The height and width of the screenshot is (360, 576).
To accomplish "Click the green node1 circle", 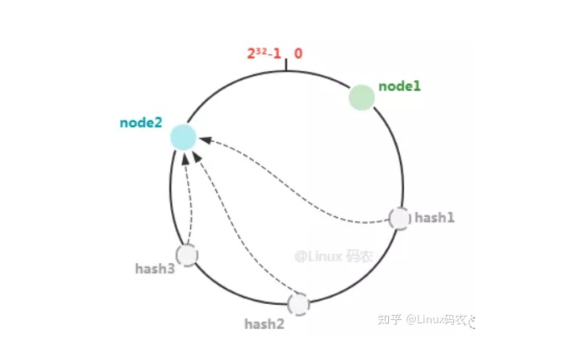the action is pos(361,97).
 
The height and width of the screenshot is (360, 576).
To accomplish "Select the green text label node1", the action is pos(400,86).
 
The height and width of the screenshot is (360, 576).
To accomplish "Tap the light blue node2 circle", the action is pos(183,137).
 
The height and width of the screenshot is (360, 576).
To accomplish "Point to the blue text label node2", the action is pos(140,123).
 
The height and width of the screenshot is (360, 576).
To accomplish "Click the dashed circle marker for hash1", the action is pos(400,218).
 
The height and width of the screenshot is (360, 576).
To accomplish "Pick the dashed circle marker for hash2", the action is pos(298,303).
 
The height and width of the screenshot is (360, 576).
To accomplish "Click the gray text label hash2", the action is pos(264,322).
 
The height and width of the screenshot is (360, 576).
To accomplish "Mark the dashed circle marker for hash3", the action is pos(187,255).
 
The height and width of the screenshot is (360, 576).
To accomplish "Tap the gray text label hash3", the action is pos(154,269).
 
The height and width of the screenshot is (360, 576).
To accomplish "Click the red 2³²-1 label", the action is pos(263,53).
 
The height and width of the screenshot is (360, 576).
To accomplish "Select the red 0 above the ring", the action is pos(298,53).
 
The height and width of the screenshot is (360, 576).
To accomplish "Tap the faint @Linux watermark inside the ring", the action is pos(332,256).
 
